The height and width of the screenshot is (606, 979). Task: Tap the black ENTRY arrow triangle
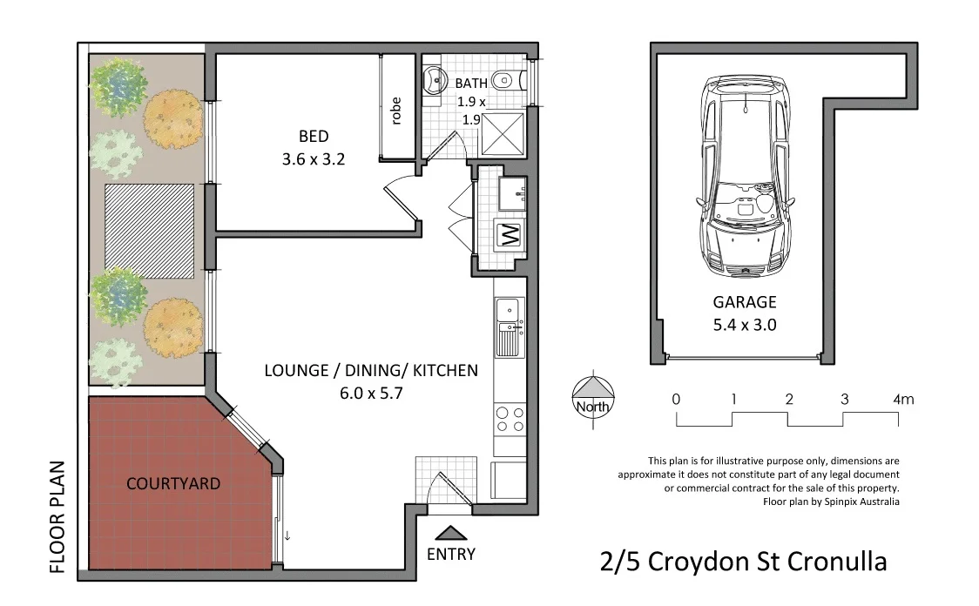[450, 534]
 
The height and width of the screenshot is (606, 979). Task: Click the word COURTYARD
[173, 483]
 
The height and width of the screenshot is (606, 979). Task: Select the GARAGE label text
[744, 303]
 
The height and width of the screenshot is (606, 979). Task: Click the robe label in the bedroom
[396, 111]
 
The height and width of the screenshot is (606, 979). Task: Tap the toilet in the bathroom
[504, 82]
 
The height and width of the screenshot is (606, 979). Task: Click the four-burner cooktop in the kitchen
[510, 420]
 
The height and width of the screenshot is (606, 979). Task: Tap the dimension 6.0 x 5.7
[371, 393]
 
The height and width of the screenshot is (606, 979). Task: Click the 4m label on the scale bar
[903, 400]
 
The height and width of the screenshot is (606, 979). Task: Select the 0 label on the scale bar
[676, 400]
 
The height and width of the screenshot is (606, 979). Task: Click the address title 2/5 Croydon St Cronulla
[743, 562]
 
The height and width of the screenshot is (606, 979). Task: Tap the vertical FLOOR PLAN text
[58, 516]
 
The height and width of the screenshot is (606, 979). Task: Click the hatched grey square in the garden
[149, 226]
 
